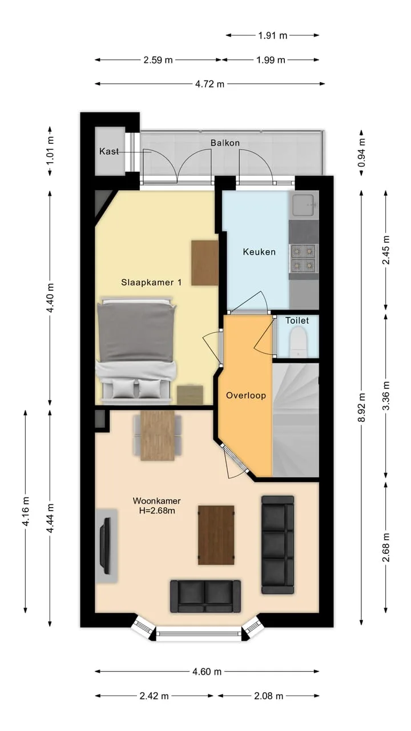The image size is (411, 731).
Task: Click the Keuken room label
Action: pyautogui.click(x=259, y=252)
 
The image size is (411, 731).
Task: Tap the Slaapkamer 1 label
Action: pyautogui.click(x=151, y=282)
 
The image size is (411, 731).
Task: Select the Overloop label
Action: pyautogui.click(x=246, y=396)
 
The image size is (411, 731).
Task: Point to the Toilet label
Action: pyautogui.click(x=297, y=320)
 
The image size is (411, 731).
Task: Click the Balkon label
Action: pyautogui.click(x=225, y=143)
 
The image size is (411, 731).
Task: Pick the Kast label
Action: pyautogui.click(x=109, y=151)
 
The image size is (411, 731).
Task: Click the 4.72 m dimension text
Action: pyautogui.click(x=209, y=84)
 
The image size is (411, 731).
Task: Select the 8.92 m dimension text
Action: pyautogui.click(x=361, y=407)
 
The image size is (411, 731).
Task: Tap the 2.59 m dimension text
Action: pyautogui.click(x=158, y=60)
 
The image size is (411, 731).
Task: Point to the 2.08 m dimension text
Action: pyautogui.click(x=268, y=696)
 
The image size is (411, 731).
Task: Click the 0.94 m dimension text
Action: pyautogui.click(x=361, y=152)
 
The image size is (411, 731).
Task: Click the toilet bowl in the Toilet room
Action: pyautogui.click(x=298, y=342)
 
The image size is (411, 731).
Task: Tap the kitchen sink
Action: pyautogui.click(x=304, y=205)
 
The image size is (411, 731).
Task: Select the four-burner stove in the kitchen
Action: pyautogui.click(x=303, y=259)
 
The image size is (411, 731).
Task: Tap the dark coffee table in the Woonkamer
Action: pyautogui.click(x=216, y=535)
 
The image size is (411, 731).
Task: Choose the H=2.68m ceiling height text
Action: pyautogui.click(x=157, y=511)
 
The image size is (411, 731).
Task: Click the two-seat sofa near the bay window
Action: pyautogui.click(x=205, y=596)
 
